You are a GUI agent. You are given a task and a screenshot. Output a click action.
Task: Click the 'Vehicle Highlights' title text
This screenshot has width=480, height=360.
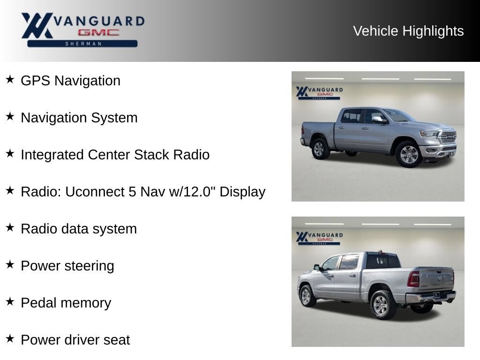[408, 31]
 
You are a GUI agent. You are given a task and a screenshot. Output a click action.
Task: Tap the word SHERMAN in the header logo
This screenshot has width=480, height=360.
[83, 44]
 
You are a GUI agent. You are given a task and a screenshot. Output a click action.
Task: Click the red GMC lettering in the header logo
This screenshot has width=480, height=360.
[98, 32]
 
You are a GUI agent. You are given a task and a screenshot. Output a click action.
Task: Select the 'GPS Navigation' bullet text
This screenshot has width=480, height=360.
[70, 81]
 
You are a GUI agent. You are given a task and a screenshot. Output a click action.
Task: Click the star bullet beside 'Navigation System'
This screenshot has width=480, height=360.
[10, 116]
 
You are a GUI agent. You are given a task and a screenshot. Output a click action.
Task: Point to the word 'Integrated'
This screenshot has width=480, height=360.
[52, 155]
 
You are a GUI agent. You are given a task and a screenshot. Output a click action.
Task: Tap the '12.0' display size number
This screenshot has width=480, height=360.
[195, 192]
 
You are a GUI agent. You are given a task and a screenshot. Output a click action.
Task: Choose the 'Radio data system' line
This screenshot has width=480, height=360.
[79, 229]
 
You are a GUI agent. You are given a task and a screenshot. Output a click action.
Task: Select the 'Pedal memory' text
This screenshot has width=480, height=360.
[66, 303]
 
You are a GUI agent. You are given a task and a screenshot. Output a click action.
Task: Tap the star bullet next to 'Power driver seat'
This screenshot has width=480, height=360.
[10, 338]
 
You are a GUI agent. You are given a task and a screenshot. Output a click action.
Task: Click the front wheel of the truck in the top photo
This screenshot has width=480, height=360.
[409, 154]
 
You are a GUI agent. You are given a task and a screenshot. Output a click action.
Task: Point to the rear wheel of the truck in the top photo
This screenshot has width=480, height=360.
[320, 149]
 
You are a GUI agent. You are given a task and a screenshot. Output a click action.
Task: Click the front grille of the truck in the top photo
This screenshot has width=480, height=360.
[448, 136]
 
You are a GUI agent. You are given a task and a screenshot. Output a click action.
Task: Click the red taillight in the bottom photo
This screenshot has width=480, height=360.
[413, 279]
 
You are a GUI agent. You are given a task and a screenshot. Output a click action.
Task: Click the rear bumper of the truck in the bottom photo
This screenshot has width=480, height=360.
[431, 297]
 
